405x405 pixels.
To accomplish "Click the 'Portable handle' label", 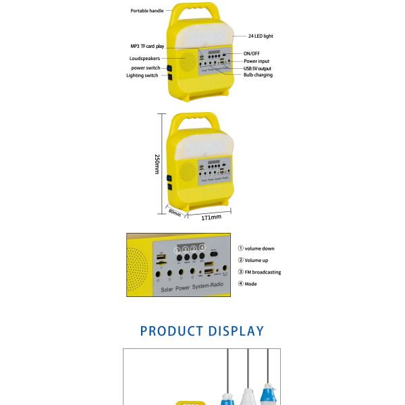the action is click(146, 11).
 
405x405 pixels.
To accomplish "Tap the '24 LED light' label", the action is click(260, 36).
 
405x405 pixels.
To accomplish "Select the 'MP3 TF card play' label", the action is click(146, 47).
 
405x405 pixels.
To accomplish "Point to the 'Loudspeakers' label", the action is click(145, 59).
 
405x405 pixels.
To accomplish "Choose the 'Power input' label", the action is click(256, 61).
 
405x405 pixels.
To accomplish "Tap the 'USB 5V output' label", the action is click(258, 68).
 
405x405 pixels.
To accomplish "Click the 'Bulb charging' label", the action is click(259, 75).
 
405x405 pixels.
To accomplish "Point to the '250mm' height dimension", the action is click(157, 164).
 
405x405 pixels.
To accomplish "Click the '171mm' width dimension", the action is click(211, 217).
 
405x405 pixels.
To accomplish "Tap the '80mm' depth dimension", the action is click(175, 213).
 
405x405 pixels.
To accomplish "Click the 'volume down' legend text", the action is click(259, 248).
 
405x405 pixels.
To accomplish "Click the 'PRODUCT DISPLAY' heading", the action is click(202, 331).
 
